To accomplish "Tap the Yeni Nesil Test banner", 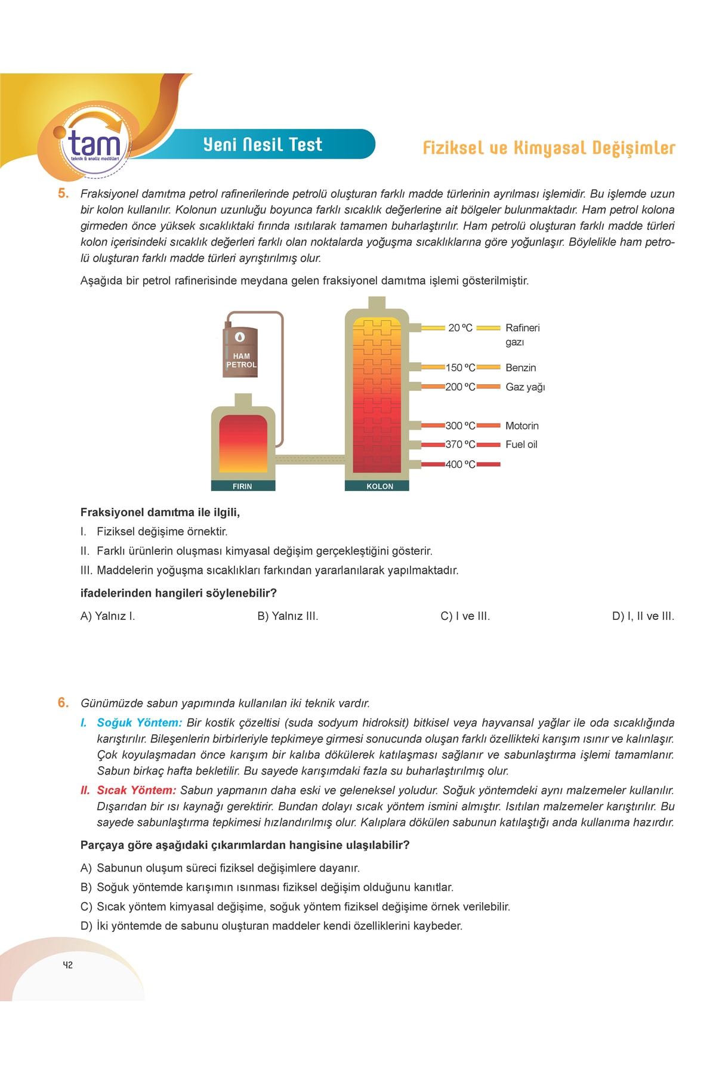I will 263,144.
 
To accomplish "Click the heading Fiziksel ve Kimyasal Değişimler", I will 548,148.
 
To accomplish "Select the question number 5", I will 63,193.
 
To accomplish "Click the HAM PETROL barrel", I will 240,352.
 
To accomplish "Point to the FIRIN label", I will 242,486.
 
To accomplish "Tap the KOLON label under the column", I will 379,486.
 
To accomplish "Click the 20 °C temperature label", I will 460,328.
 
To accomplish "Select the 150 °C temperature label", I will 460,368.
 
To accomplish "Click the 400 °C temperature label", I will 460,464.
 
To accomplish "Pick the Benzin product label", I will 520,368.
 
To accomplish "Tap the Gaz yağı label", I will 525,387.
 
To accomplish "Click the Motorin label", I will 521,425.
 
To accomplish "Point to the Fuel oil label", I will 521,444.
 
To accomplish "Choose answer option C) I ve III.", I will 465,616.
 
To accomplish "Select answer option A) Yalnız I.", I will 107,616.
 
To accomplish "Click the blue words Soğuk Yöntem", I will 139,723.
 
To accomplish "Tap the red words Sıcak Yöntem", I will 136,790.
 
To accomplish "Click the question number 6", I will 63,703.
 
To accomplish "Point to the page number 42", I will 67,965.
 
